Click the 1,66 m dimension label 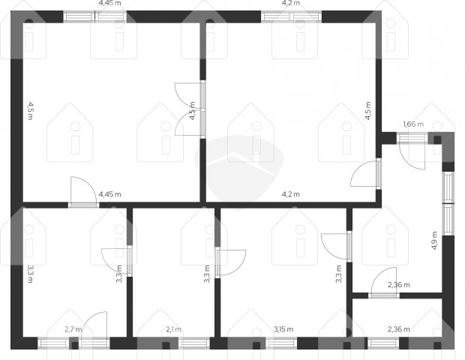pos(413,124)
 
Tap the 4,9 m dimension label pos(434,241)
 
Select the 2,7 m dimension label pos(73,329)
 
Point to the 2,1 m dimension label pos(173,329)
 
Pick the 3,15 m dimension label pos(283,329)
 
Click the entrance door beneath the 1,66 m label pos(412,151)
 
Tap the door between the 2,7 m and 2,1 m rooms pos(117,261)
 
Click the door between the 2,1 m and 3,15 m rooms pos(231,262)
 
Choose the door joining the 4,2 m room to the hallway pos(366,173)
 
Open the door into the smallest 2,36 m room pos(384,282)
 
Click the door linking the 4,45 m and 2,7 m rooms pos(84,192)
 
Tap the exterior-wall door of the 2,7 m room pos(94,329)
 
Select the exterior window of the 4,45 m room pos(95,16)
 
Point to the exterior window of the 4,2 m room pos(292,16)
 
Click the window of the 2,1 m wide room pos(194,343)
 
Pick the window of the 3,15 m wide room pos(281,343)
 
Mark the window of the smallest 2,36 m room pos(383,343)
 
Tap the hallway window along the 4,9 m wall pos(448,204)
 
